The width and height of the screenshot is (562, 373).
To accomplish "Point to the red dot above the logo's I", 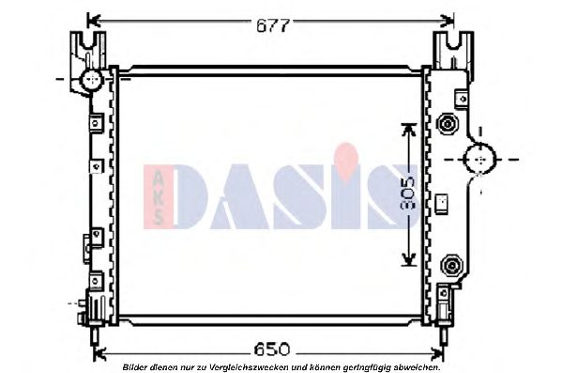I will click(348, 153).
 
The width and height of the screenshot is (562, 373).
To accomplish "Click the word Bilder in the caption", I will click(137, 365).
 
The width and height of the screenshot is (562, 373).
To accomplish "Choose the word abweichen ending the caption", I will click(416, 365).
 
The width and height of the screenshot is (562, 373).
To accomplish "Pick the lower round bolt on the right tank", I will click(448, 264).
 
